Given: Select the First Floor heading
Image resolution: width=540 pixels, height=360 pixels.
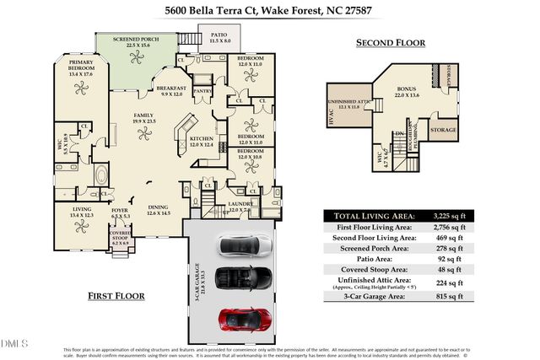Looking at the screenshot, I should tap(116, 296).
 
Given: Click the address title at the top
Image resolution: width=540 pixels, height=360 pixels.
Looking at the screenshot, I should tap(269, 11).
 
